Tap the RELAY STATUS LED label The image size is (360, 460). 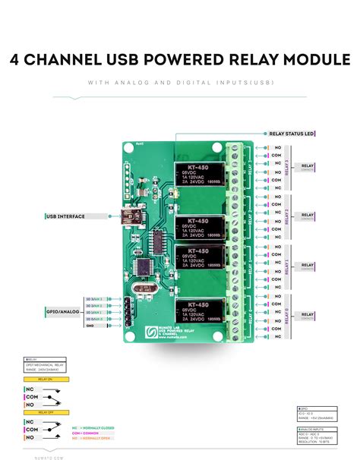click(291, 134)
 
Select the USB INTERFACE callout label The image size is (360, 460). click(66, 216)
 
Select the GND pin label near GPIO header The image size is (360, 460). click(90, 325)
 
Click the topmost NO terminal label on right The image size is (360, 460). click(277, 148)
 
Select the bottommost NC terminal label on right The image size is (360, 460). click(277, 336)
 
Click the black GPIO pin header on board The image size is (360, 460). click(129, 311)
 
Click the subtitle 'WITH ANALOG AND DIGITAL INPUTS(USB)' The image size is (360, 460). click(180, 83)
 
